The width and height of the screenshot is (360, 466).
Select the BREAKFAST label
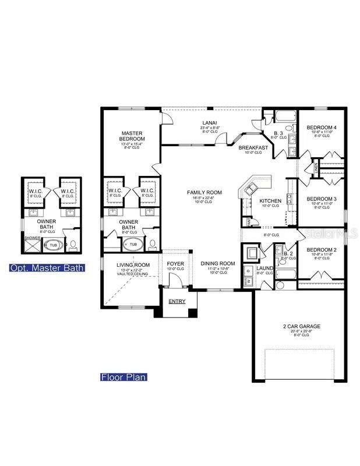coord(253,147)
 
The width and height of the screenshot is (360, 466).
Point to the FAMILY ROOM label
coord(204,192)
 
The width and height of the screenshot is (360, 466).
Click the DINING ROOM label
coord(217,263)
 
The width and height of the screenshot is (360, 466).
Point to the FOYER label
coord(175,263)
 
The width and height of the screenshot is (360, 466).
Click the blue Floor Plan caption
coord(123,377)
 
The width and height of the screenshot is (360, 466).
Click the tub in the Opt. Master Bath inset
coord(53,245)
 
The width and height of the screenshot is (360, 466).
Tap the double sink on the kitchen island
coord(253,187)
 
